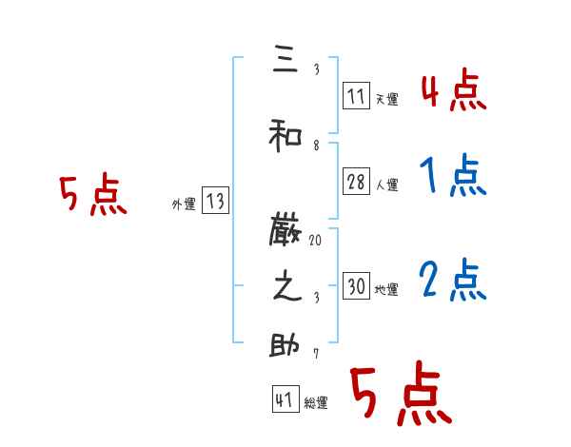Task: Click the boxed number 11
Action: [x=356, y=96]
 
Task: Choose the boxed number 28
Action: [x=356, y=183]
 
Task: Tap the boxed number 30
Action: [x=356, y=287]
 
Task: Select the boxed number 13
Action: [x=215, y=201]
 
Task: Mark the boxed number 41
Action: [x=284, y=400]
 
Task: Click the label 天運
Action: [x=386, y=99]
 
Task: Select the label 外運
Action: [x=184, y=204]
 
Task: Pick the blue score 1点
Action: [x=452, y=177]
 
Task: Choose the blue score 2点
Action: [x=452, y=280]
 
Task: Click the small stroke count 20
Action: [x=315, y=242]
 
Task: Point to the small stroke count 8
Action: [x=315, y=146]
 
